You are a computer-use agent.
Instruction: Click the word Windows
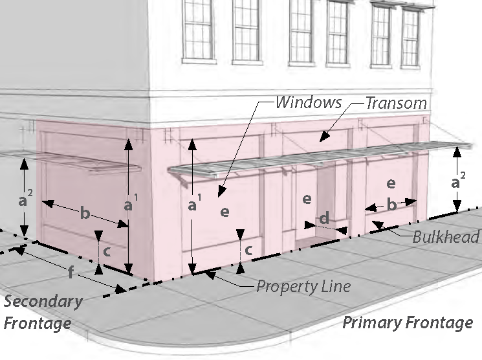(x=308, y=102)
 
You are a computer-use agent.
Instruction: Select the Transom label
(x=396, y=102)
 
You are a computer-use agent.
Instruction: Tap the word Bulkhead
(x=446, y=236)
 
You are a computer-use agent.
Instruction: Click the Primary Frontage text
(x=407, y=322)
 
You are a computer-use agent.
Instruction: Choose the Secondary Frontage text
(x=43, y=311)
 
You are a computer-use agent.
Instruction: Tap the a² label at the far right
(x=457, y=183)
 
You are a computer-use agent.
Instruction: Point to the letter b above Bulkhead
(x=391, y=205)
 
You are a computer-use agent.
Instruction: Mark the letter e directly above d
(x=307, y=199)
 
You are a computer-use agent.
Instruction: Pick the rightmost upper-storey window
(x=410, y=32)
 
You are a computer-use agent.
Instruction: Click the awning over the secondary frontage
(x=78, y=161)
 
